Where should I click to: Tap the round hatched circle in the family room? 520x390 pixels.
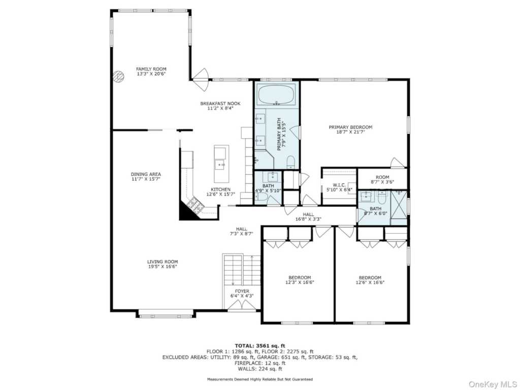tap(118, 77)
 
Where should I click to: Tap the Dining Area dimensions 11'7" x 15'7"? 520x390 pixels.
tap(146, 179)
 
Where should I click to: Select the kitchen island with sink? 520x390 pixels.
tap(221, 164)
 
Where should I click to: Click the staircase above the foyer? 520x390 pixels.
tap(241, 269)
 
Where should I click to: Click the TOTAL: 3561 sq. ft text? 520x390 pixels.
tap(259, 345)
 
